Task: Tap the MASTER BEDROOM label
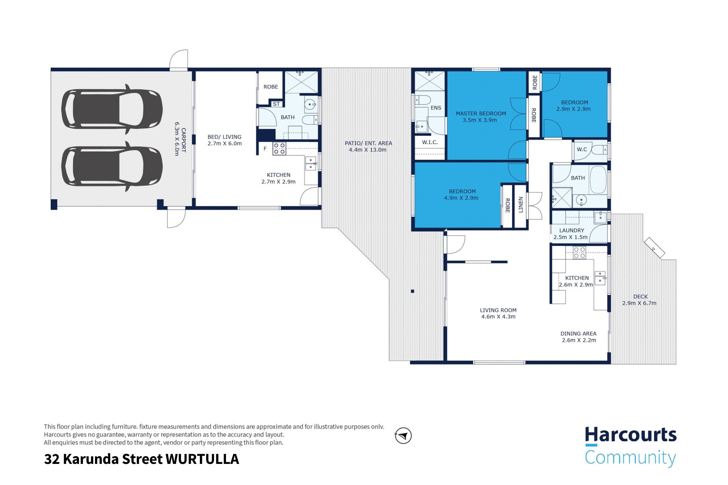(480, 114)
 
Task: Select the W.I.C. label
(430, 142)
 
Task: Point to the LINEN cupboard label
(521, 205)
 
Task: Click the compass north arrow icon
(403, 436)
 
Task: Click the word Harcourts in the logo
(630, 435)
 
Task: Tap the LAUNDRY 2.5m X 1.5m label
(571, 234)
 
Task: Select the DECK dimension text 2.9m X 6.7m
(639, 303)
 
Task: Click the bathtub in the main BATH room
(598, 180)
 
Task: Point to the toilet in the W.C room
(599, 150)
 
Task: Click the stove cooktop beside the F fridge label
(279, 149)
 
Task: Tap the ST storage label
(276, 104)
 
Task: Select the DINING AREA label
(578, 334)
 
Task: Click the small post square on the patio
(412, 291)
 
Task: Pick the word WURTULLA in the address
(202, 459)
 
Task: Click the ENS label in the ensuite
(435, 108)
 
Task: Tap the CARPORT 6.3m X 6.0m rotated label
(180, 139)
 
